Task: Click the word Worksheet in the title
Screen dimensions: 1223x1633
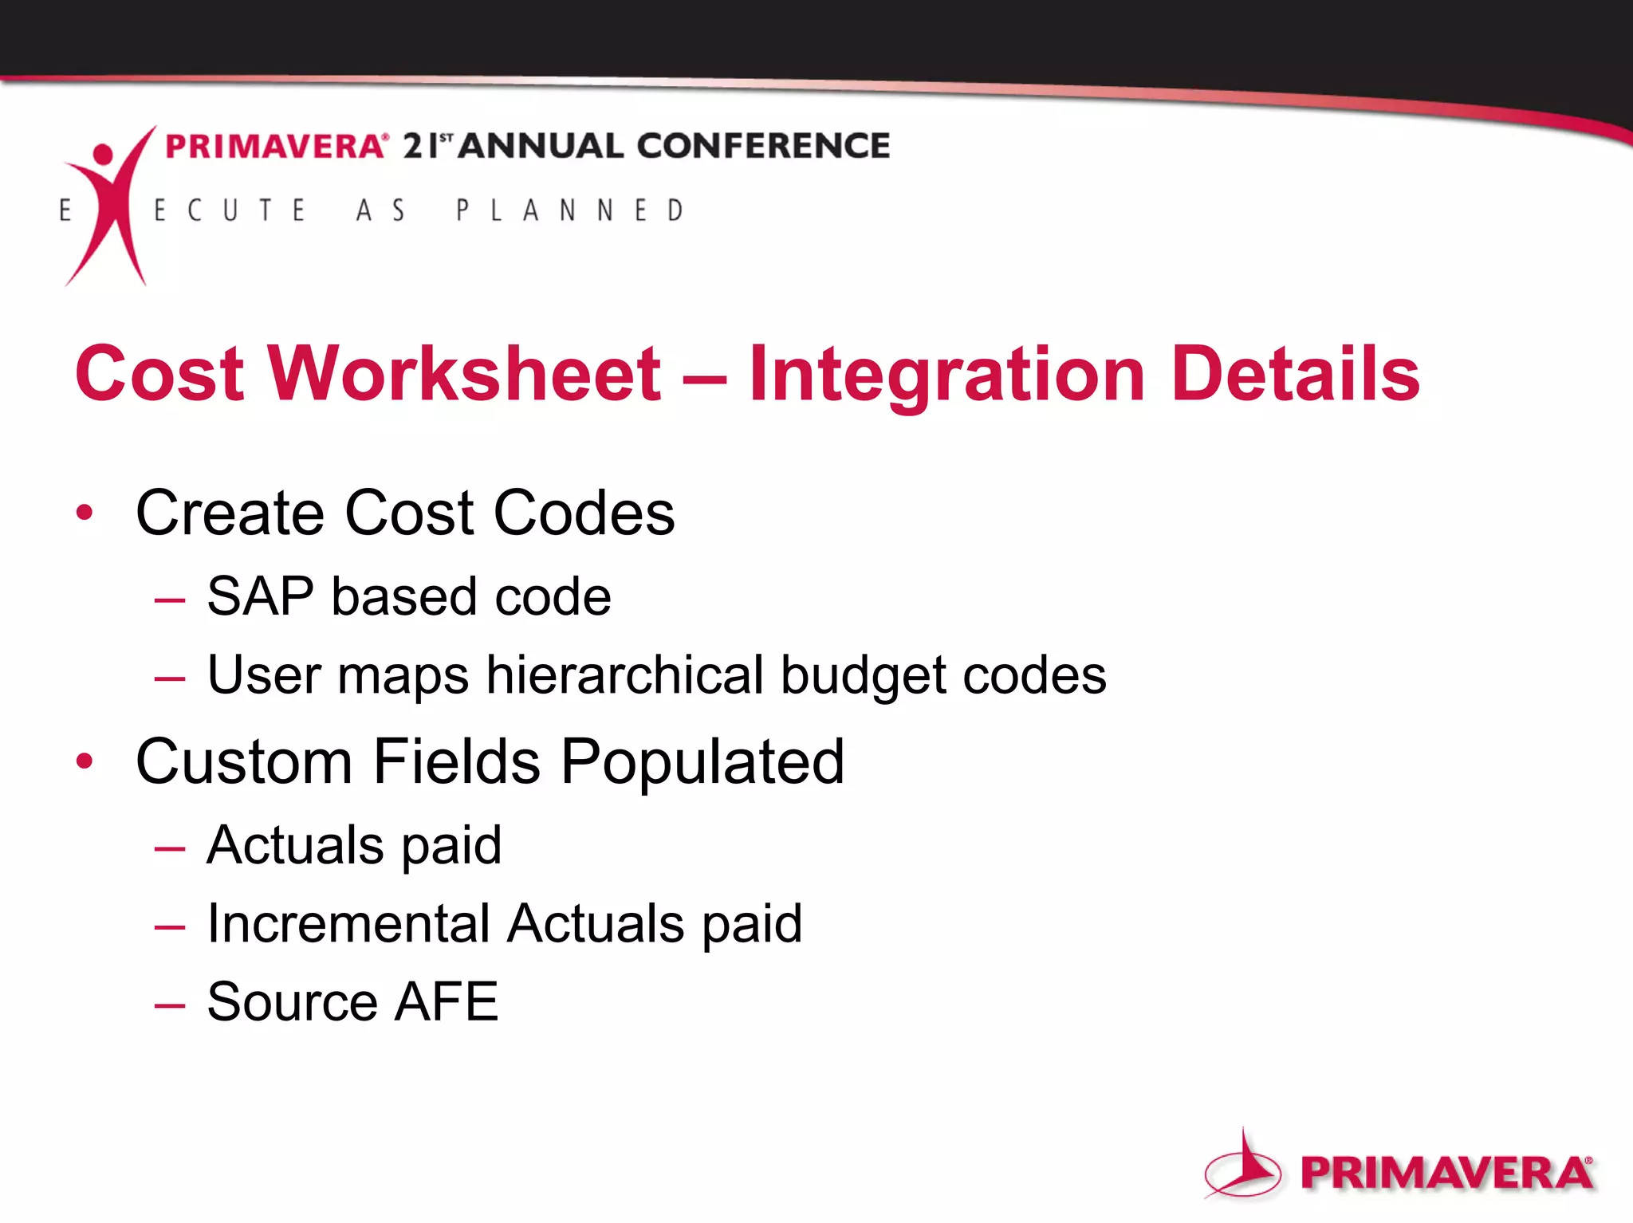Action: coord(464,374)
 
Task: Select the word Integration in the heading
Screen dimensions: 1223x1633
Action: coord(947,376)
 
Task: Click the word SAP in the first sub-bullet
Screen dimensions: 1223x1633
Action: coord(260,596)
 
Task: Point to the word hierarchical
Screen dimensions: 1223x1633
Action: coord(625,675)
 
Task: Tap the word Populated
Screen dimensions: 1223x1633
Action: coord(702,763)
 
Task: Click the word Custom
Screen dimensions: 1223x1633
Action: coord(244,761)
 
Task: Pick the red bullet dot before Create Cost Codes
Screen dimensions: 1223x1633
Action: coord(85,513)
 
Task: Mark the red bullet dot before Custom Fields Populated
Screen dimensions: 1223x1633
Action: coord(85,761)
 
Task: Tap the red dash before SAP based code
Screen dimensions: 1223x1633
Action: coord(170,600)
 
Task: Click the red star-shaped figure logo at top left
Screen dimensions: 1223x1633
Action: coord(108,203)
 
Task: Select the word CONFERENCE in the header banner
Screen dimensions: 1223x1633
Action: coord(763,146)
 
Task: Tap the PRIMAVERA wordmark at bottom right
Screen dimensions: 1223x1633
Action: coord(1446,1173)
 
